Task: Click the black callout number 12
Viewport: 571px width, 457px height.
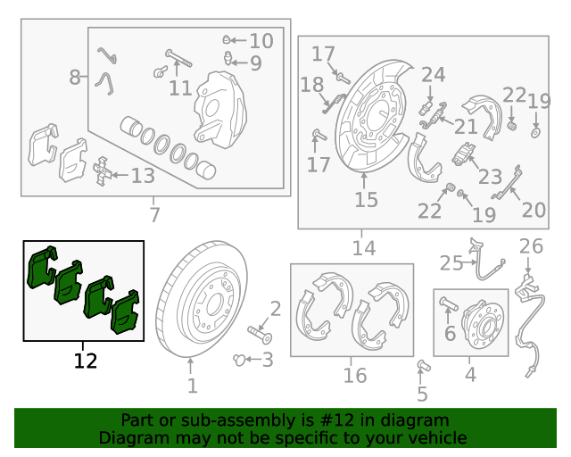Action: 86,361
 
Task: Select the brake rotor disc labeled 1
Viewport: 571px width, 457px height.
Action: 201,298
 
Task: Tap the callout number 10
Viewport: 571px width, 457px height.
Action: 261,40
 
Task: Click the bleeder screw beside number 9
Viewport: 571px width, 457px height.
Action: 228,58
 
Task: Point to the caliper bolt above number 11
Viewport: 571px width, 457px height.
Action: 178,58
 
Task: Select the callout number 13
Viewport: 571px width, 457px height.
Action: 143,176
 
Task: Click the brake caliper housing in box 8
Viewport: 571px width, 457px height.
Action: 219,109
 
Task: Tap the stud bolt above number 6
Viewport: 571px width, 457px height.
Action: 449,303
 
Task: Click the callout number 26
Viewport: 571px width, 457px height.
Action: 531,246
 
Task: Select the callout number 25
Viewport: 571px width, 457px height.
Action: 451,263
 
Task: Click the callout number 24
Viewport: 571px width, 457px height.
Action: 434,75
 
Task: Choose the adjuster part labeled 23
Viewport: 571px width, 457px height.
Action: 464,154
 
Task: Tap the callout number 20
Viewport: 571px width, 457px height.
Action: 534,210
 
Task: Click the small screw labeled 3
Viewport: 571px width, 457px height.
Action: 239,360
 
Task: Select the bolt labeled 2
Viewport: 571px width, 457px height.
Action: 260,334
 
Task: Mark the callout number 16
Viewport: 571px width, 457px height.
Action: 355,375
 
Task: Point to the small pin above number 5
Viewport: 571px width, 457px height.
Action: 424,365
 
